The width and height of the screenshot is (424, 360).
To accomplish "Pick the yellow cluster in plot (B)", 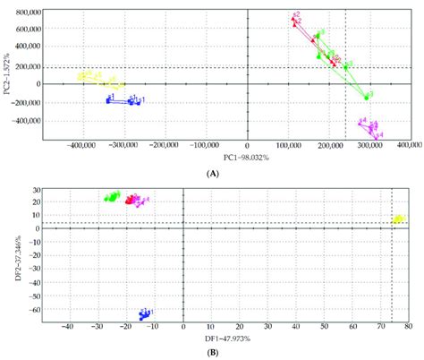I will [x=398, y=219].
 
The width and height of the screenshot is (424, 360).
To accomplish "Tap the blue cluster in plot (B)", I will [x=144, y=313].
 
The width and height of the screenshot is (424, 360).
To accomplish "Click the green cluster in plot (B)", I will [x=112, y=196].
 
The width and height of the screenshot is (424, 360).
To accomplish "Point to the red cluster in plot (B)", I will [x=132, y=200].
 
